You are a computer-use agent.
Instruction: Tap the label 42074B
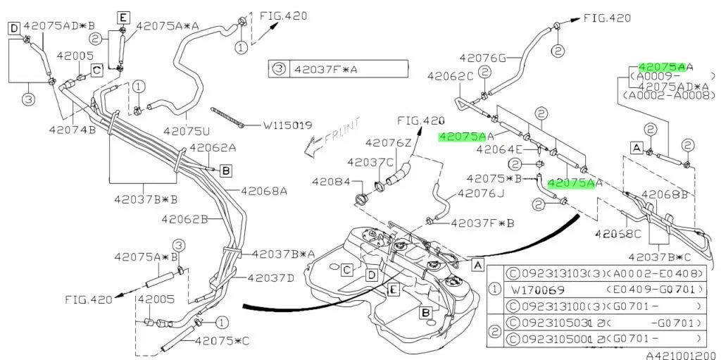tap(73, 130)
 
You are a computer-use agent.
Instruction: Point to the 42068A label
tap(264, 190)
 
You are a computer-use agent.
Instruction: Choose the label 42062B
tap(185, 218)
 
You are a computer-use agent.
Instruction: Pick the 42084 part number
tap(331, 182)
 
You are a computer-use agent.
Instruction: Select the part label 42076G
tap(483, 58)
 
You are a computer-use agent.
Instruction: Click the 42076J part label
tap(481, 193)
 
